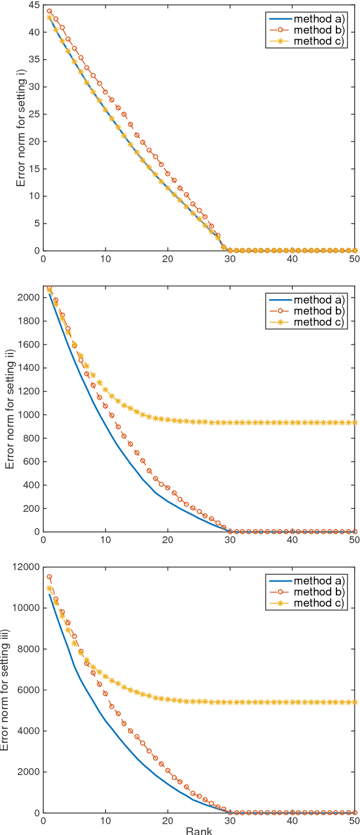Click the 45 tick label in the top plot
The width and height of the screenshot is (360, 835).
tap(33, 5)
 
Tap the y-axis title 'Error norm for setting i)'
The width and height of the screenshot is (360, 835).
tap(20, 128)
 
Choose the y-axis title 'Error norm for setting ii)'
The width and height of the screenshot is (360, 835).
tap(10, 409)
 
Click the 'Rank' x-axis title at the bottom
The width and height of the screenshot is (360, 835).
tap(199, 831)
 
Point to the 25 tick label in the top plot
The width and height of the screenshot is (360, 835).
tap(33, 114)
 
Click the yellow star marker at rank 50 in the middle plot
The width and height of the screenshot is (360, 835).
tap(354, 422)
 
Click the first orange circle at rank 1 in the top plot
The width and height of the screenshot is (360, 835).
tap(49, 11)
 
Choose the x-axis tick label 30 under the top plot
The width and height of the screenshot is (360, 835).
tap(230, 260)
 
